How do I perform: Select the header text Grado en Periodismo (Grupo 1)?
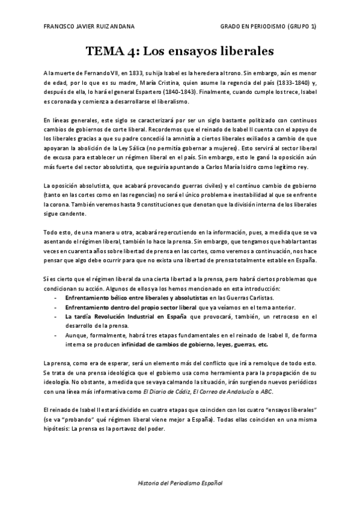267,28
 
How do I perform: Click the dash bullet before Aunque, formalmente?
56,336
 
